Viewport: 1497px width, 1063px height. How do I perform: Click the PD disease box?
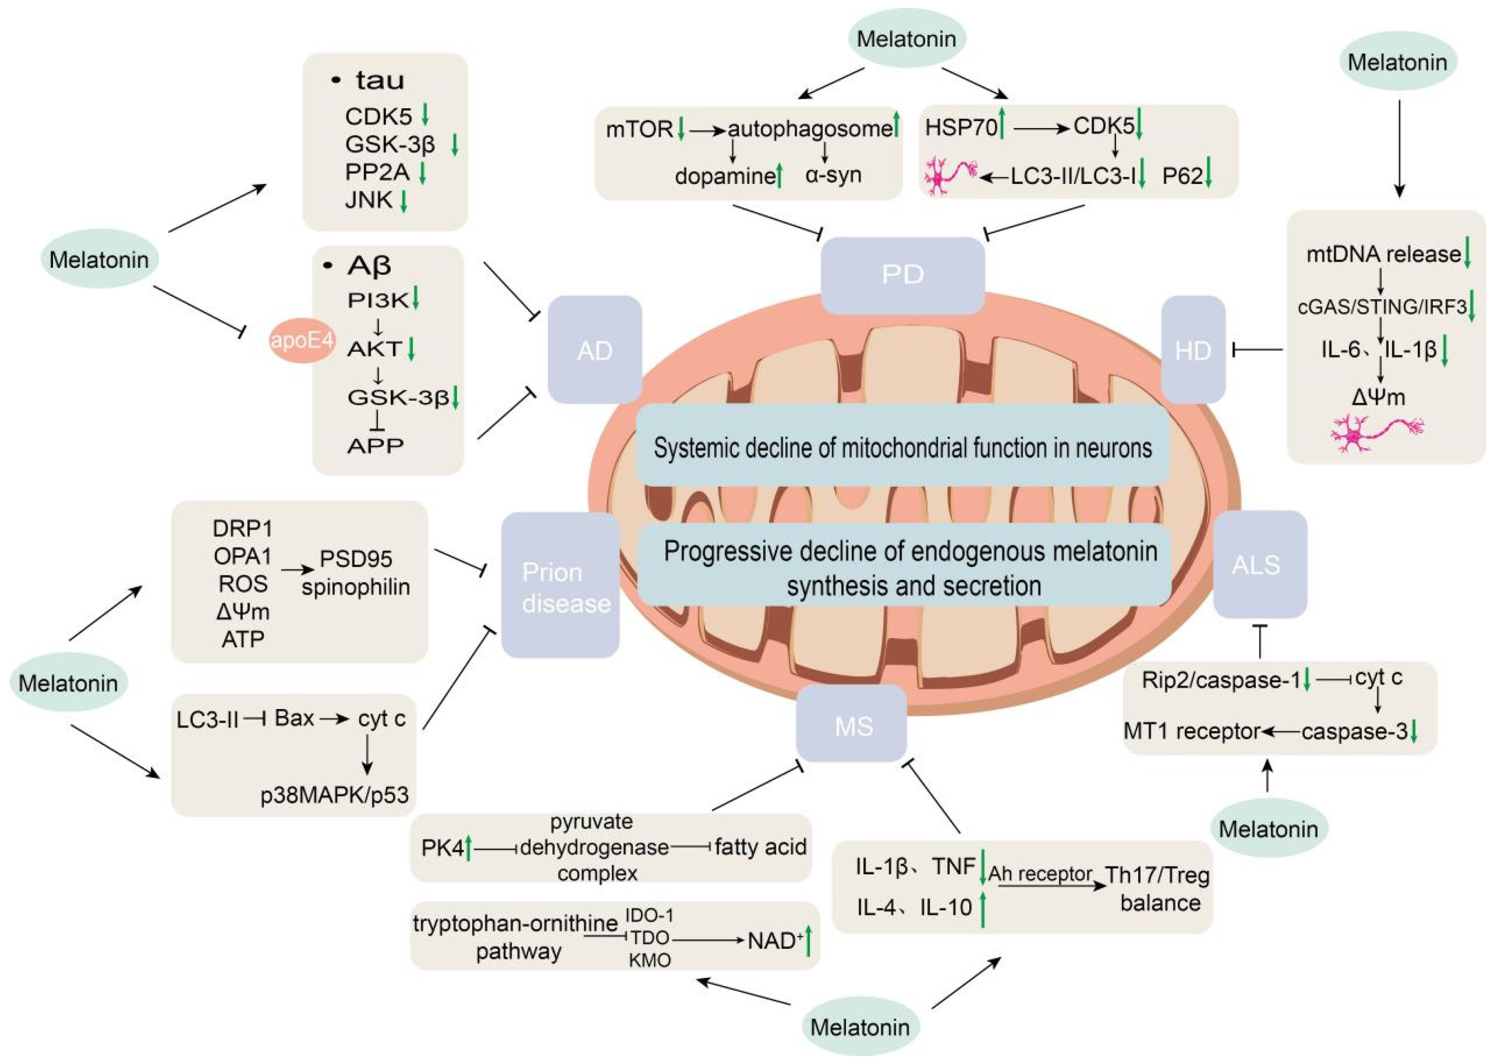tap(903, 275)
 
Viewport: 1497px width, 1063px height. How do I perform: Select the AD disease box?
tap(594, 350)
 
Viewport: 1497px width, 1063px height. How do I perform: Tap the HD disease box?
tap(1193, 350)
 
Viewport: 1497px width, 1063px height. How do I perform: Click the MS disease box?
tap(852, 725)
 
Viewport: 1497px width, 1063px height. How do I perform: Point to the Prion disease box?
tap(560, 586)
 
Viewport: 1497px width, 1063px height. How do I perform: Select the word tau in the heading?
tap(380, 81)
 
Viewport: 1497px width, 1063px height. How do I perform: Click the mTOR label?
tap(638, 129)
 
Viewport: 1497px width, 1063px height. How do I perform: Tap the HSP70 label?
tap(961, 127)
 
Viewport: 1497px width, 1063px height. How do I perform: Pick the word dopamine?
tap(725, 176)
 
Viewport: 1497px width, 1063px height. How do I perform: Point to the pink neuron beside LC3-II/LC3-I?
tap(950, 176)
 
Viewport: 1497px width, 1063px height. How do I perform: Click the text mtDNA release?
tap(1383, 254)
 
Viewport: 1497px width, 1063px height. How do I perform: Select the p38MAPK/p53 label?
tap(334, 795)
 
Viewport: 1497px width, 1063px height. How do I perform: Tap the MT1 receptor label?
tap(1192, 731)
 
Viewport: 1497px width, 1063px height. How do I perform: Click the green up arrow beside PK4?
tap(468, 848)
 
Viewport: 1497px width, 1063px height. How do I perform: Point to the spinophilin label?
tap(356, 587)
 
